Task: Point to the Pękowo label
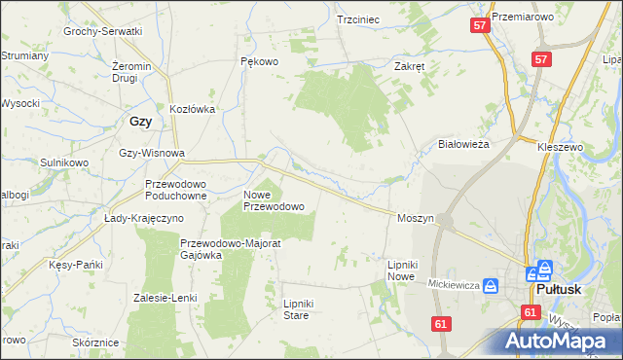pyautogui.click(x=259, y=61)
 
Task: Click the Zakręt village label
pyautogui.click(x=409, y=67)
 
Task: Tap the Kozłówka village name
pyautogui.click(x=192, y=110)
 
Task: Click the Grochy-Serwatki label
pyautogui.click(x=103, y=31)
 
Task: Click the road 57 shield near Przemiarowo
pyautogui.click(x=479, y=25)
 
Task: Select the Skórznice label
pyautogui.click(x=95, y=342)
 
